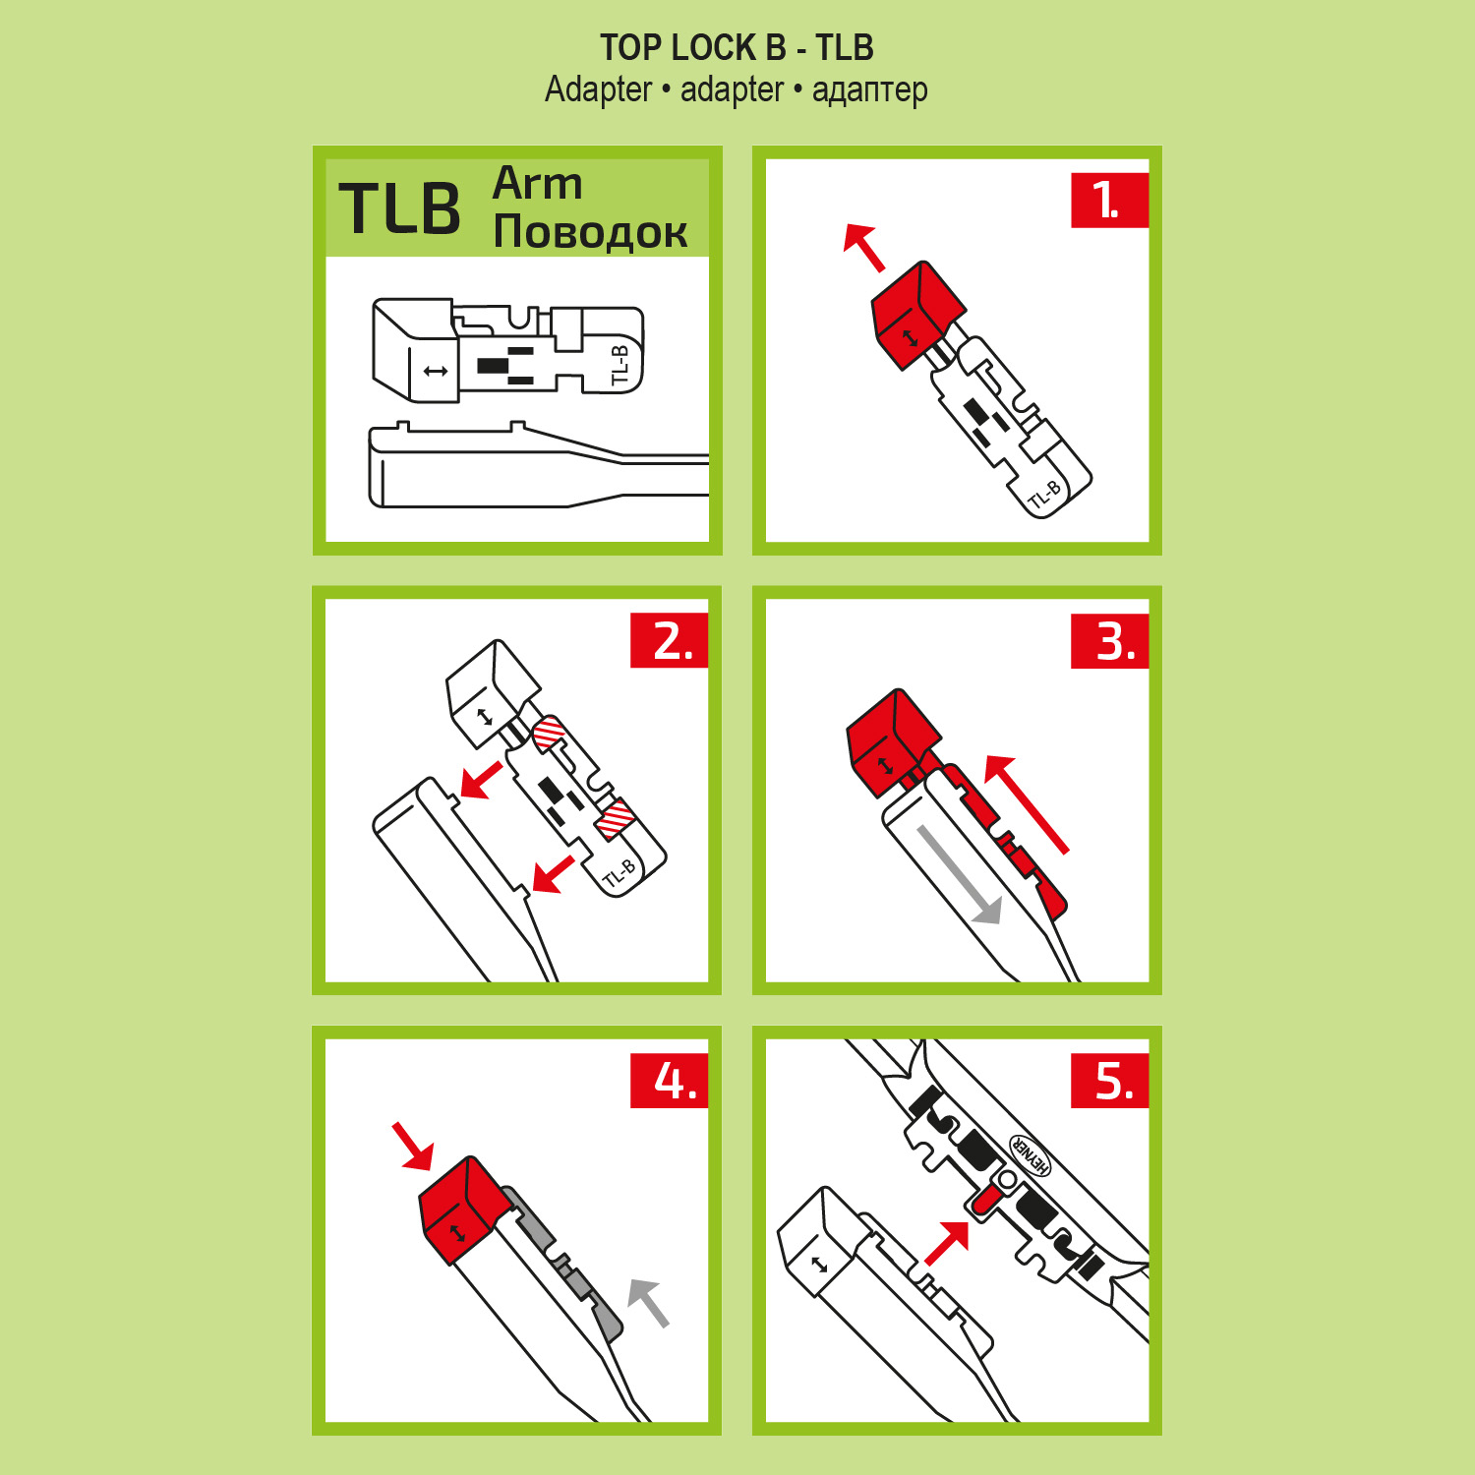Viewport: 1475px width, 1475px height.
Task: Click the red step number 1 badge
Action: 1109,201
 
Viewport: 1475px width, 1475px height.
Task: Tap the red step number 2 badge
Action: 669,641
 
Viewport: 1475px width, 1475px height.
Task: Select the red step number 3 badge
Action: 1109,641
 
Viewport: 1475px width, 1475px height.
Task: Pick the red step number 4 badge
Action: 669,1081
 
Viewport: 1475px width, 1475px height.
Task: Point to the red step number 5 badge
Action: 1109,1081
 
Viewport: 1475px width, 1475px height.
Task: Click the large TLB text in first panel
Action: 400,208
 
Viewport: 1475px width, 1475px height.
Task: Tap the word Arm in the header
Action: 538,184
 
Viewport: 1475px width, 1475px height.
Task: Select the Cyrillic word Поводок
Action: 590,232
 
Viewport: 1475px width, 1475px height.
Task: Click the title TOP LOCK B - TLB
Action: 737,47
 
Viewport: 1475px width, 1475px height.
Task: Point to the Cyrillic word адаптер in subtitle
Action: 869,90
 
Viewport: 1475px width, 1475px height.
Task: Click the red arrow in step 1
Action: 864,248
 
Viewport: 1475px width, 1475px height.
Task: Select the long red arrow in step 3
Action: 1026,803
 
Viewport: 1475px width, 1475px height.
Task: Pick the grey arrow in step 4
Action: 648,1303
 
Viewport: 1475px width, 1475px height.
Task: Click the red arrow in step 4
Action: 413,1146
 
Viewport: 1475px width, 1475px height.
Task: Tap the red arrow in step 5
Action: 947,1242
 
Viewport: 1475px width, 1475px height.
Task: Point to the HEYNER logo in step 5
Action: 1031,1154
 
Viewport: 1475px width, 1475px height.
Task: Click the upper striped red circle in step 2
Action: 549,733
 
